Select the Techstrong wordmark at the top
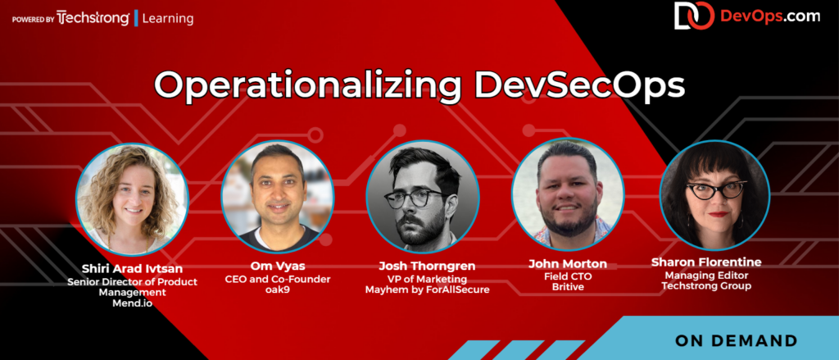[93, 17]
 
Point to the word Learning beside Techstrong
[170, 17]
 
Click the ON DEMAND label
[737, 340]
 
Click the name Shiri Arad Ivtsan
[133, 268]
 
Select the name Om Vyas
[278, 266]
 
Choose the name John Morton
[567, 264]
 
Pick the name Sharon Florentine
[713, 262]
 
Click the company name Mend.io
[133, 303]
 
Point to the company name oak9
[278, 289]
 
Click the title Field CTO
[567, 276]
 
